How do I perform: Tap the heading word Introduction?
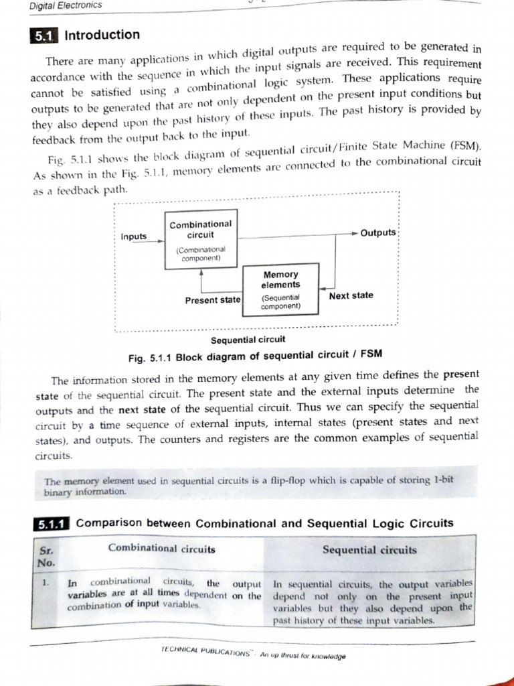[x=102, y=35]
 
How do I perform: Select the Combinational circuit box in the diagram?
[x=200, y=239]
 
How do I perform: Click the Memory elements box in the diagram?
[x=281, y=289]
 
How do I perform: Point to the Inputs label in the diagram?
[x=134, y=236]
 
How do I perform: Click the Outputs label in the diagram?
[x=378, y=232]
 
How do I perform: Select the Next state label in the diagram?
[x=351, y=295]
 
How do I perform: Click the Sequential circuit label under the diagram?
[x=248, y=339]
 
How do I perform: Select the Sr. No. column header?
[x=46, y=555]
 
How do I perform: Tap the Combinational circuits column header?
[x=161, y=549]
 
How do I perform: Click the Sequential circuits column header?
[x=369, y=550]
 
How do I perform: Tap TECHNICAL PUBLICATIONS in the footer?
[x=205, y=650]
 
